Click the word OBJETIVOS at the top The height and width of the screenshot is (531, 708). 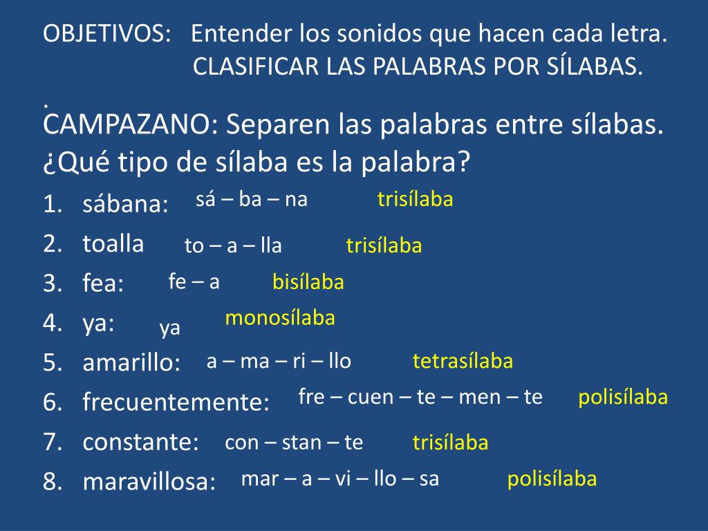pos(104,33)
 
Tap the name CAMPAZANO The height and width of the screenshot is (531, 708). pos(127,124)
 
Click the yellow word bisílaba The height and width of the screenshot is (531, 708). pos(308,282)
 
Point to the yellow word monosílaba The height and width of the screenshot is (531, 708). pos(280,318)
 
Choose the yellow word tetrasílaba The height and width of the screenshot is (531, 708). pos(463,361)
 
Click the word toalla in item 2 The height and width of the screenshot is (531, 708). pos(113,243)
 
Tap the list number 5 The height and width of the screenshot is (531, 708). pos(51,362)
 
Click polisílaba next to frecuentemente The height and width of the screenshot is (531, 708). pos(623,398)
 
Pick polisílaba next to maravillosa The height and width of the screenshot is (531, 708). pos(552,478)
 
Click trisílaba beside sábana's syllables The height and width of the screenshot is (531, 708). pos(415,199)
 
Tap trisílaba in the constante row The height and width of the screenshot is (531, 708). pos(450,442)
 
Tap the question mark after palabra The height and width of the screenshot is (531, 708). pos(464,161)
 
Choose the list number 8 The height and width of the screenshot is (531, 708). pos(51,481)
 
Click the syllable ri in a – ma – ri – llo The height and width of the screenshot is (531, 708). pos(299,361)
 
